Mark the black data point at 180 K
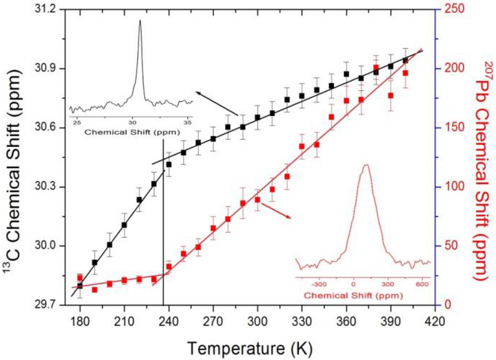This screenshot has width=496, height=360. click(x=80, y=285)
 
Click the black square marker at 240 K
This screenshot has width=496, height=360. click(x=169, y=164)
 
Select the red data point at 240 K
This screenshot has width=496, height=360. click(x=169, y=266)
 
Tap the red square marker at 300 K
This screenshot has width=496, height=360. click(x=257, y=199)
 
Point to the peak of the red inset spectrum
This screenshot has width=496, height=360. click(x=366, y=165)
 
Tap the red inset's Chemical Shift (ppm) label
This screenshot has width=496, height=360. click(x=353, y=296)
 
